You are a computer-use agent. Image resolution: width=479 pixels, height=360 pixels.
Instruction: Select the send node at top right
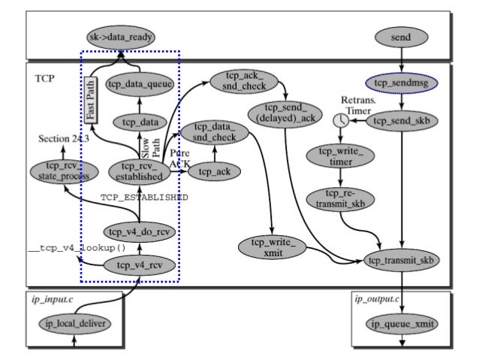[402, 36]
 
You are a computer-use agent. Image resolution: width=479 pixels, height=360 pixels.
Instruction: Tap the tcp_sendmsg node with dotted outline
[402, 83]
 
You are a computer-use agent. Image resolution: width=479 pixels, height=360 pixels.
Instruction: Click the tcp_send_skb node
[402, 120]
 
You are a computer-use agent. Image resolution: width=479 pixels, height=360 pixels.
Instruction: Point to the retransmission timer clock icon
[342, 120]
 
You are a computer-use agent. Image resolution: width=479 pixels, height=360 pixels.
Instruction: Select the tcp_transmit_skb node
[402, 260]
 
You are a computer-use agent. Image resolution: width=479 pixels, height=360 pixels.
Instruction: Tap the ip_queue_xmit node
[402, 325]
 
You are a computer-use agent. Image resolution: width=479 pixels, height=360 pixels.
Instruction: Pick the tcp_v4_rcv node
[140, 265]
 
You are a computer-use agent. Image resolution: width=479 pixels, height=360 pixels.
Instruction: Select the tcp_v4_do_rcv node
[140, 231]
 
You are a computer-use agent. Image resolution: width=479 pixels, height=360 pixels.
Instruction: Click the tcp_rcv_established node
[140, 171]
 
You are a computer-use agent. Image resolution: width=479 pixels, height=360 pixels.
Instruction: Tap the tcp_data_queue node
[140, 85]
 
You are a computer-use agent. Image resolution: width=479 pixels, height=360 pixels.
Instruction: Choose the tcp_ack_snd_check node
[236, 82]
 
